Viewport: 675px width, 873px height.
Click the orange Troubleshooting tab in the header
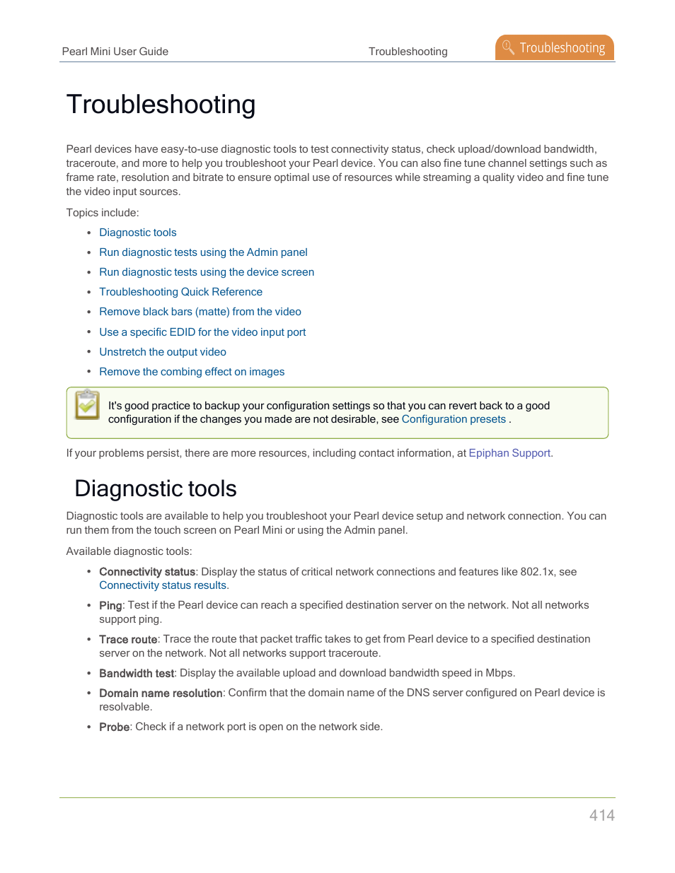click(x=555, y=47)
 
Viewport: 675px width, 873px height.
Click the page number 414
click(x=601, y=815)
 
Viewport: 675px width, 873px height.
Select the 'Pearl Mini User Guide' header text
click(x=115, y=52)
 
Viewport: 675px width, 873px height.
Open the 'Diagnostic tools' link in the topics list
click(x=138, y=233)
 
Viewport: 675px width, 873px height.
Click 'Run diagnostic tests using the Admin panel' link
click(x=203, y=252)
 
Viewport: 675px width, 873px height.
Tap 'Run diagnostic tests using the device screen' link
click(x=207, y=272)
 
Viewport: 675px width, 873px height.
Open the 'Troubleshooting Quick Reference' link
click(x=180, y=292)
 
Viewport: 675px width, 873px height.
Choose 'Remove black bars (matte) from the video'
click(x=200, y=312)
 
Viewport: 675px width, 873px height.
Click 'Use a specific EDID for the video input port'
click(x=202, y=332)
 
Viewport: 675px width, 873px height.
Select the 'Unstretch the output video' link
click(x=163, y=352)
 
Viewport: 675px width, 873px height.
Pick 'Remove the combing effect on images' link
click(x=192, y=372)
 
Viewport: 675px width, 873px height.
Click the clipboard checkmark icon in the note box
click(x=88, y=405)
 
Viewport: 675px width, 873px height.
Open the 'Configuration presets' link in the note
click(x=454, y=419)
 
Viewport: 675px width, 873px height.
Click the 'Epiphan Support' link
click(x=509, y=453)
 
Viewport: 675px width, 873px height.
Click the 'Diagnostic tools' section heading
click(x=156, y=488)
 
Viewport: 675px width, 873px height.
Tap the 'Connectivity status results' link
click(x=163, y=585)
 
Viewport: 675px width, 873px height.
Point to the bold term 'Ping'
click(x=110, y=606)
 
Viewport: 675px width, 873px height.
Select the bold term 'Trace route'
click(x=128, y=640)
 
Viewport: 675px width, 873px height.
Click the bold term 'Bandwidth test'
click(x=136, y=674)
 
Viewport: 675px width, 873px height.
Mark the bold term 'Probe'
click(x=114, y=727)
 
